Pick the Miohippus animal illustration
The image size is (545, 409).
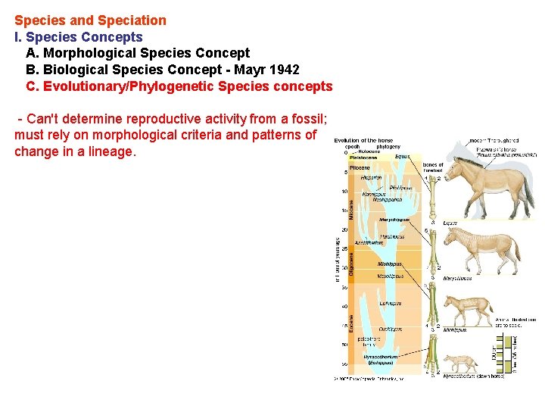468,309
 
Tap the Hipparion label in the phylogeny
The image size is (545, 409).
372,177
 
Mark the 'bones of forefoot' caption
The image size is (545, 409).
433,167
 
